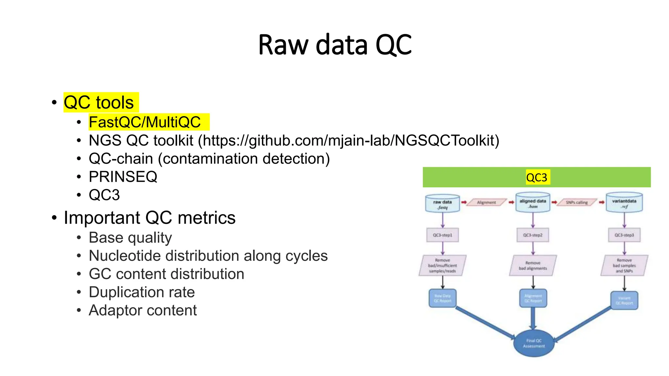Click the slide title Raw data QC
334,45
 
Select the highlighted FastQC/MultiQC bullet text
145,122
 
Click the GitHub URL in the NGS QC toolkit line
349,141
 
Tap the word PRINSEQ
123,177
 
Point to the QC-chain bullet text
209,159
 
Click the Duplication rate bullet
142,292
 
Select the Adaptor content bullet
143,310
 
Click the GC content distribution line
166,274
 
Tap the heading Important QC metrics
150,218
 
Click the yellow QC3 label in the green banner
537,177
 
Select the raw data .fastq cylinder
443,204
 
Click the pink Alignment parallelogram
486,202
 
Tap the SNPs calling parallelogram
577,202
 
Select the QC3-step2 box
533,235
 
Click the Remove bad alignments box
533,265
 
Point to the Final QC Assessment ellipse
534,343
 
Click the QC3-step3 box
624,235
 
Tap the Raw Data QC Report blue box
443,298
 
